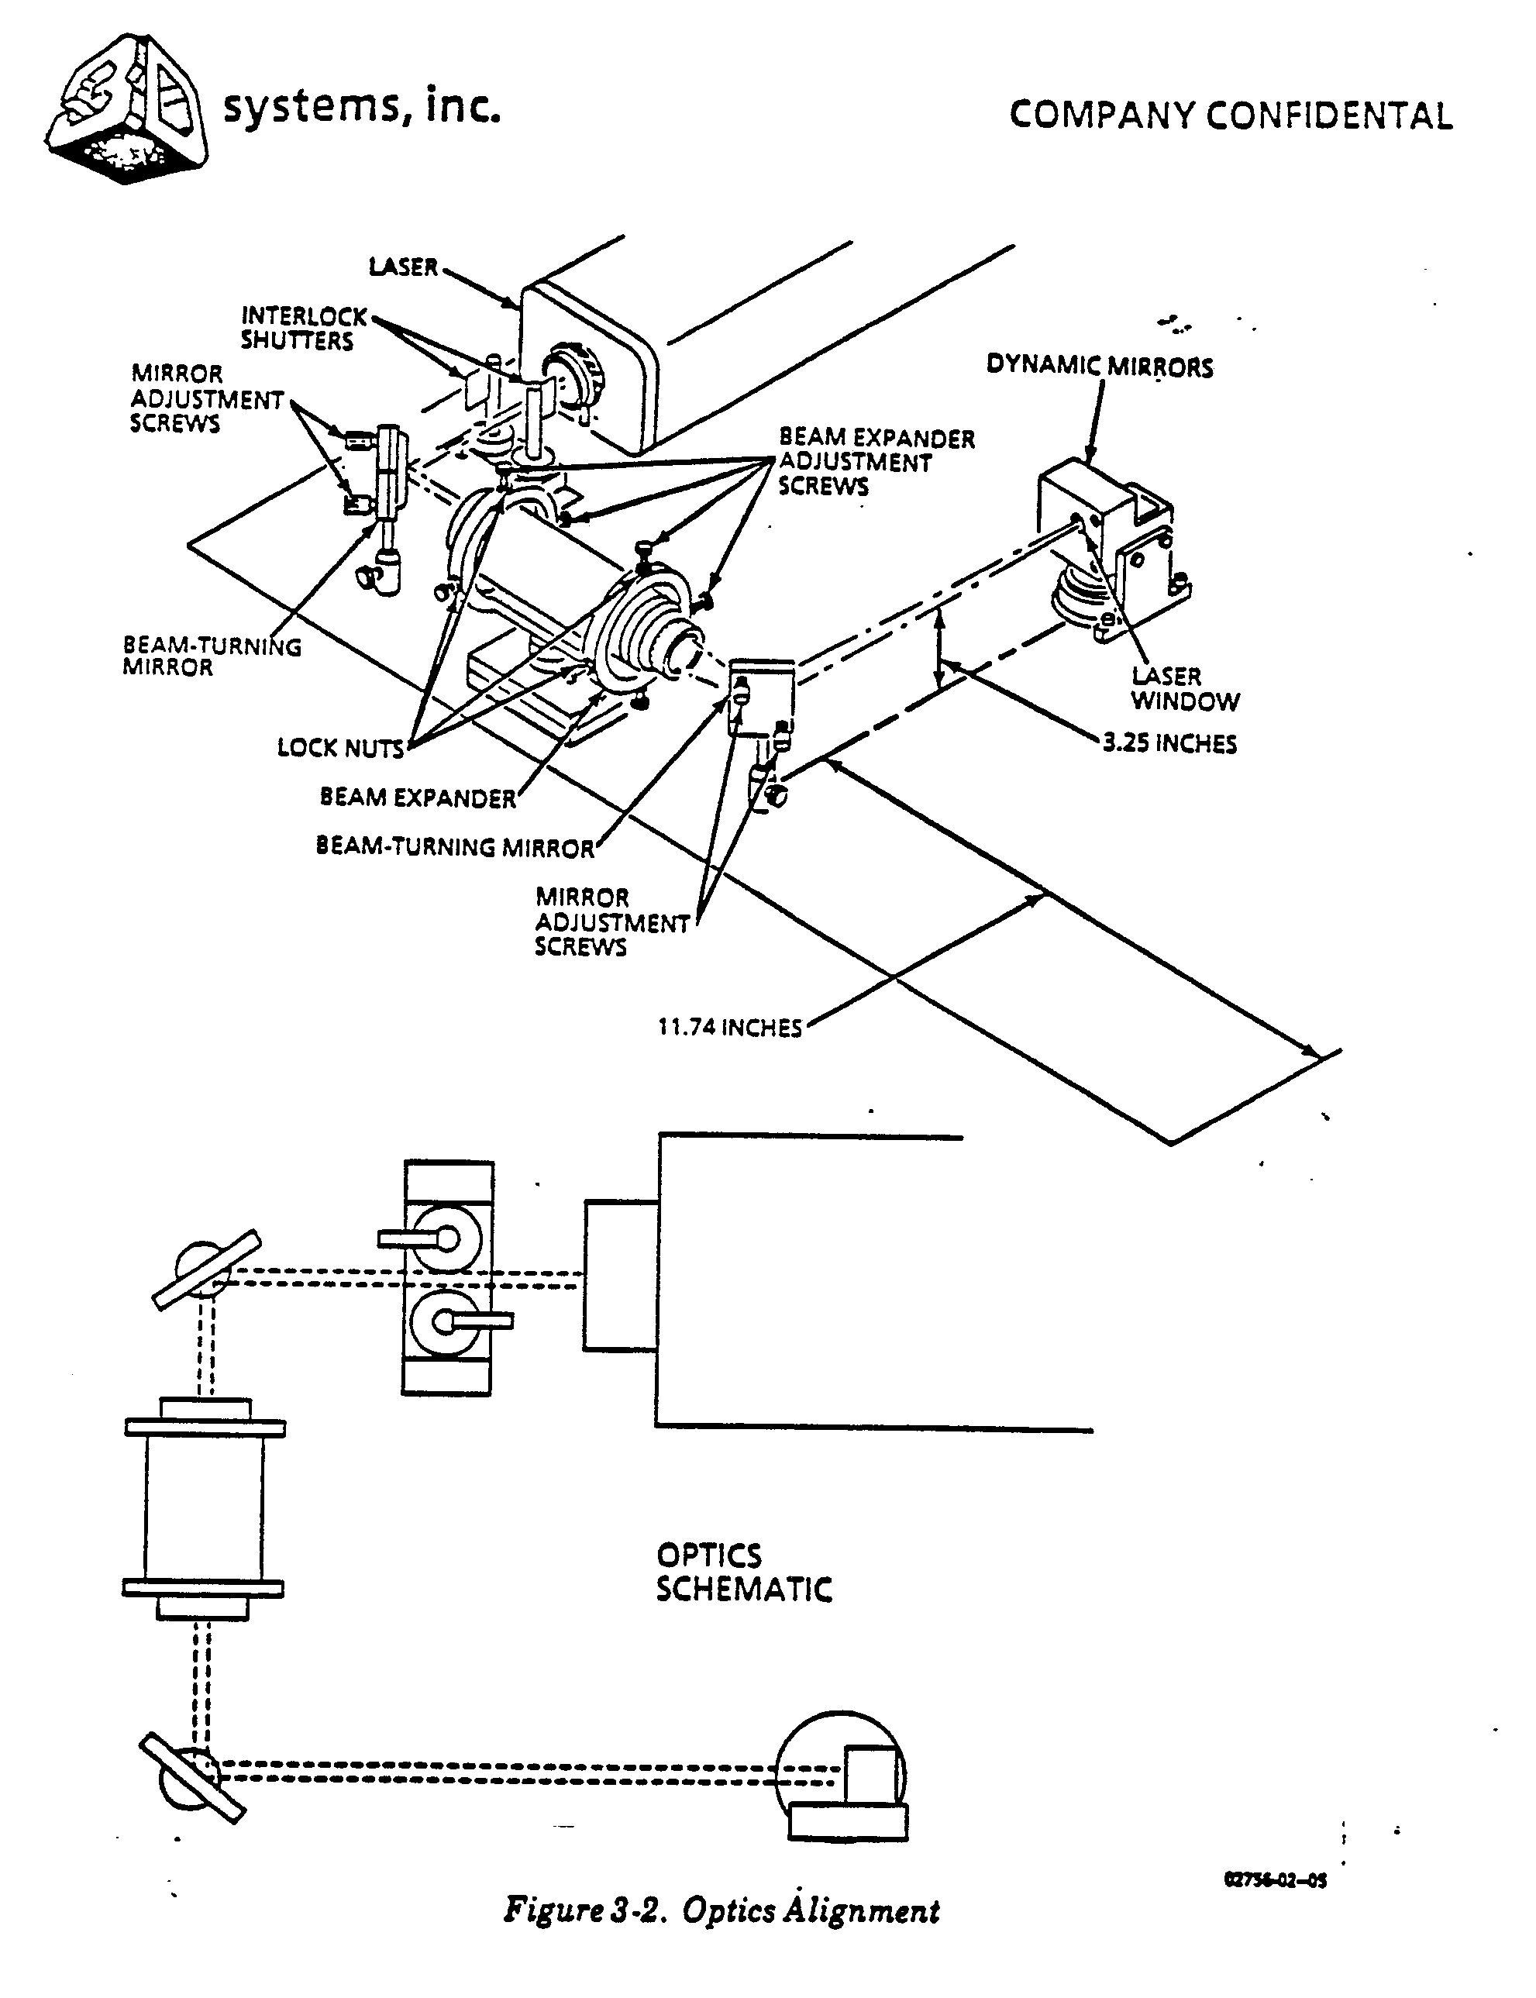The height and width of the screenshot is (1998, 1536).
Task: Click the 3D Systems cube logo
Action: pos(126,110)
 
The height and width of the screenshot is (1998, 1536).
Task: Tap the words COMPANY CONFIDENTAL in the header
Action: pos(1230,116)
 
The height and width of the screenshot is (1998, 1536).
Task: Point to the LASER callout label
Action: pos(402,267)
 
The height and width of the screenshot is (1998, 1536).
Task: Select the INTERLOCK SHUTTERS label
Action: pos(301,329)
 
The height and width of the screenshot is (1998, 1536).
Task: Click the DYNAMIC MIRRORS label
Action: pos(1099,367)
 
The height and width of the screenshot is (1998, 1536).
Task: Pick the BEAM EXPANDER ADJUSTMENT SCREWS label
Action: pos(875,463)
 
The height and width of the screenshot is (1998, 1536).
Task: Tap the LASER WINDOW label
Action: pos(1184,688)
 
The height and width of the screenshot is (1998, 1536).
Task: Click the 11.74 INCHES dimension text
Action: pos(728,1028)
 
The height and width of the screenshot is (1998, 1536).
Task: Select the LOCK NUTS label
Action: pos(340,749)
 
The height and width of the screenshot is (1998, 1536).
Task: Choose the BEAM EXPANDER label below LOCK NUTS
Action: pos(417,798)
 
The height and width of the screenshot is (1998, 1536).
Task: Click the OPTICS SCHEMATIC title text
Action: pos(742,1573)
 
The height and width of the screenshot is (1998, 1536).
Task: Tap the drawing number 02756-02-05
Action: pos(1275,1880)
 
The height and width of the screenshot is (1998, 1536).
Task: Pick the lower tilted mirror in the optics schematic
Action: pos(192,1778)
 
